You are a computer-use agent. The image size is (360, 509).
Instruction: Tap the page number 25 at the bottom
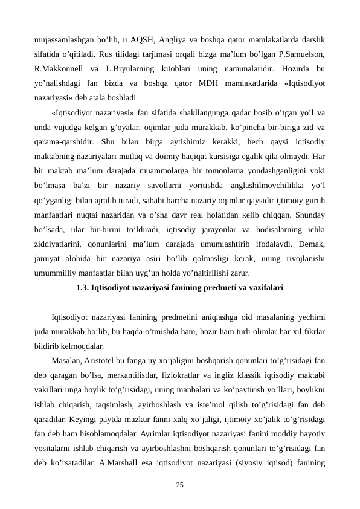[179, 485]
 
